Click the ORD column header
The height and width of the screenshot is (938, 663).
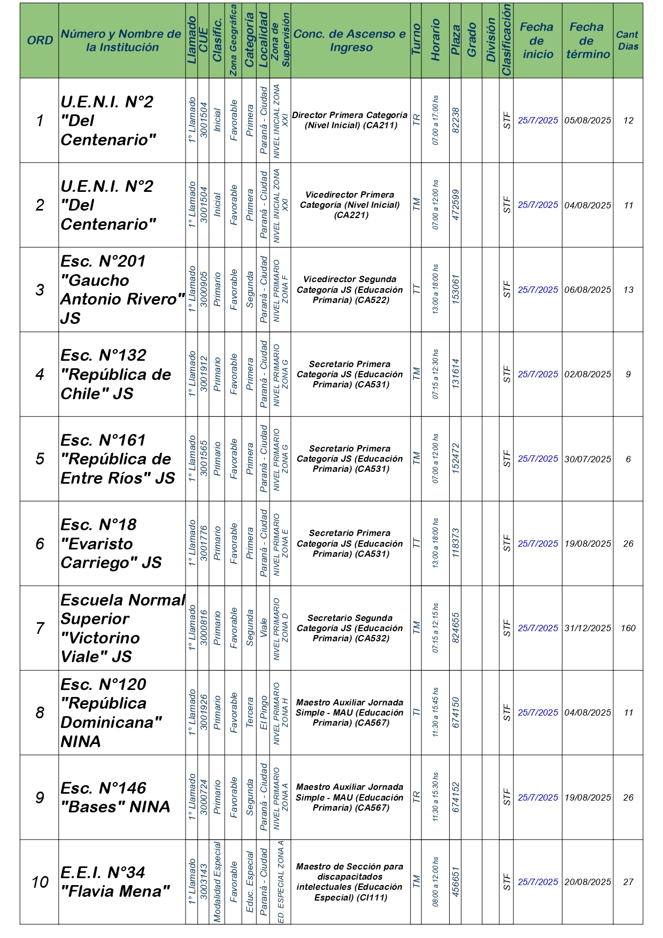pos(40,41)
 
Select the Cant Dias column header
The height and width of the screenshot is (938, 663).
pos(628,41)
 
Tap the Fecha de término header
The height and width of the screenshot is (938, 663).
pos(587,41)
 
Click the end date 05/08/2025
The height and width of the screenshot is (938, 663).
pos(588,121)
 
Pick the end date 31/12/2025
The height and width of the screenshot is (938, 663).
pos(588,629)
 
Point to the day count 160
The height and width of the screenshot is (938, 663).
pos(628,629)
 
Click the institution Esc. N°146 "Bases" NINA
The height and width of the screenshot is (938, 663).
pos(115,797)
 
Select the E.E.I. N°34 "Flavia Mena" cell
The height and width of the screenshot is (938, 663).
pos(115,882)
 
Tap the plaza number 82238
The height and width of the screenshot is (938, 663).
pos(456,121)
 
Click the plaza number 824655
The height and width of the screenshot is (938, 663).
pos(456,628)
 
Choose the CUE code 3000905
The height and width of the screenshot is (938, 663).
pos(204,290)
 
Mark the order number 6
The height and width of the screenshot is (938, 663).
pos(40,544)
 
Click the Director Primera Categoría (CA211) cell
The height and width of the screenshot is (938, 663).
pos(350,121)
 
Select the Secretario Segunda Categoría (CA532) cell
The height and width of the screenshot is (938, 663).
pos(350,629)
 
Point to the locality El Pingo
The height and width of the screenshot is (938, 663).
pos(264,713)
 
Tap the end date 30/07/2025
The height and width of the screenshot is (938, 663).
pos(588,459)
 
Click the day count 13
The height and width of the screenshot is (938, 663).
pos(628,290)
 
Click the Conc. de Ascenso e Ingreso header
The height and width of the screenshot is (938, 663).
pos(350,41)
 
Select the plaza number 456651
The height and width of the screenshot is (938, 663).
pos(456,882)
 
